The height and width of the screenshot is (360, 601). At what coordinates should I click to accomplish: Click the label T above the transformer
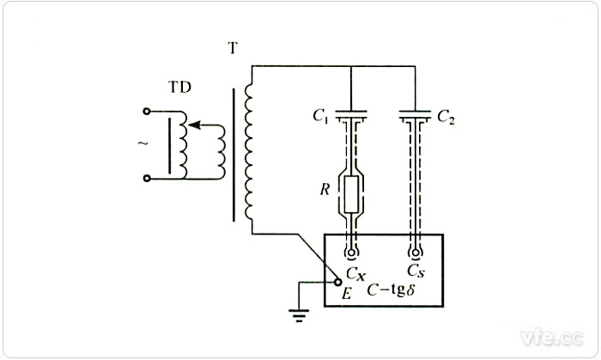click(x=232, y=48)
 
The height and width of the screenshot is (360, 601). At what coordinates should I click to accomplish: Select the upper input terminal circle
click(x=147, y=112)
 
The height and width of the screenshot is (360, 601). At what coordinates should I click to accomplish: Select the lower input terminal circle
click(x=147, y=179)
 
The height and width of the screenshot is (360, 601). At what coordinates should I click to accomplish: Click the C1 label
click(x=322, y=116)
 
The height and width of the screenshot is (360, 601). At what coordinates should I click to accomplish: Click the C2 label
click(x=446, y=117)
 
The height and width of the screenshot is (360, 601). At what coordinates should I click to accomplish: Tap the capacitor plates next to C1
click(x=352, y=114)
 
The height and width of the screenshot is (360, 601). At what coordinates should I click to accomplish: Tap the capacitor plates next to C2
click(x=416, y=114)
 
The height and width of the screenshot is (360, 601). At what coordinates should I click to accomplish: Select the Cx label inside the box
click(x=357, y=273)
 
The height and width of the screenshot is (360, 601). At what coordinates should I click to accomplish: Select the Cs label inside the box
click(x=416, y=273)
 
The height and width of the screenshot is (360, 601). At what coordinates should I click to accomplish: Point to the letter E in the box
click(x=348, y=293)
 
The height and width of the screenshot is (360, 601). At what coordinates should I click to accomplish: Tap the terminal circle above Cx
click(x=352, y=255)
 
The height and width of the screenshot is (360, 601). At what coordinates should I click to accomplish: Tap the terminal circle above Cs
click(x=416, y=255)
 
